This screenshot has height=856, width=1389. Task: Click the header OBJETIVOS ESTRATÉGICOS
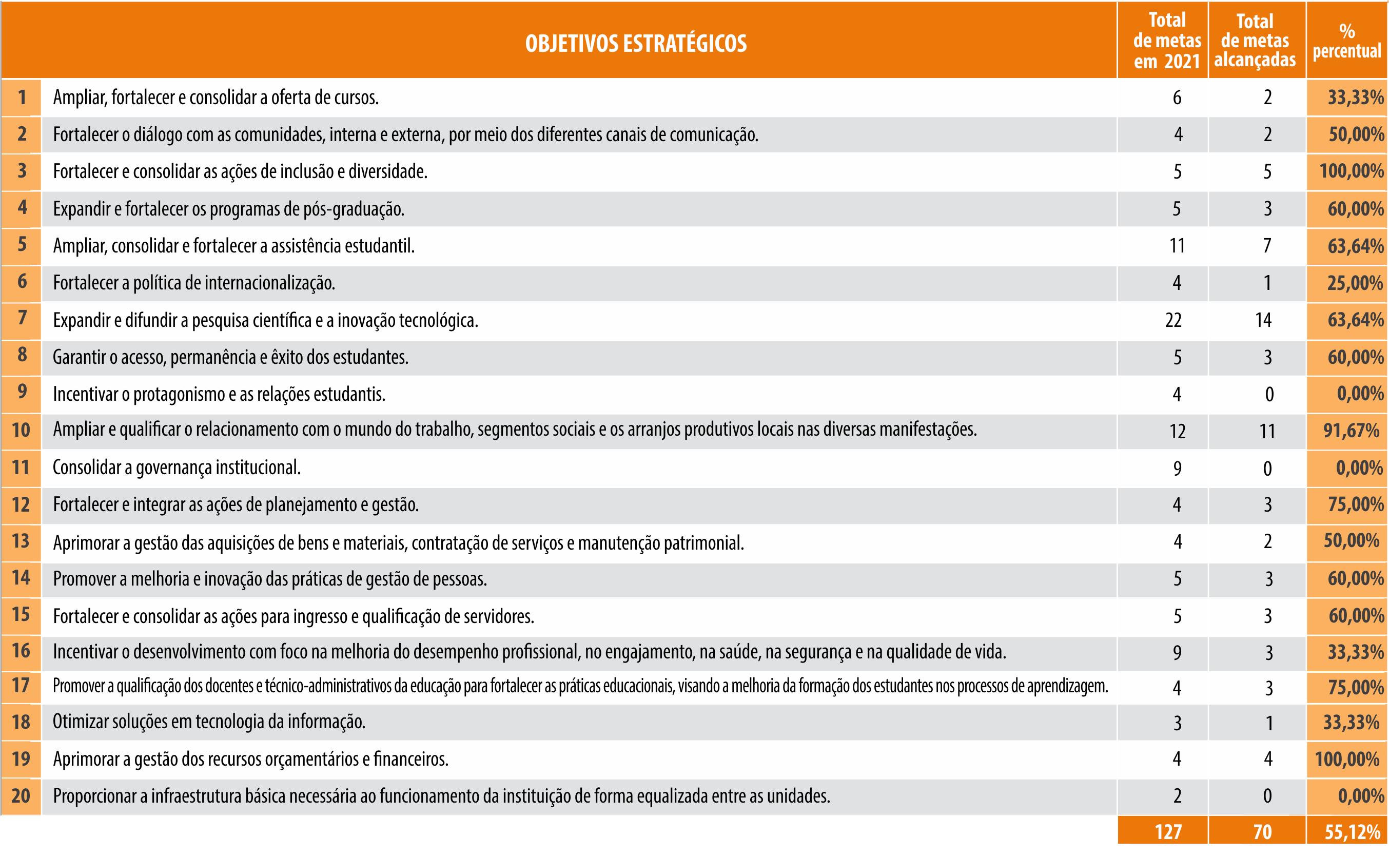click(x=636, y=44)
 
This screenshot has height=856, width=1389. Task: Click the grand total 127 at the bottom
click(x=1168, y=832)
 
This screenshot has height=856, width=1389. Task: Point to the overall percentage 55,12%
click(x=1352, y=832)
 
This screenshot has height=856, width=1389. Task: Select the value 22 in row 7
click(x=1173, y=320)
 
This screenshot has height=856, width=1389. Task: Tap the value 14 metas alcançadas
click(x=1263, y=320)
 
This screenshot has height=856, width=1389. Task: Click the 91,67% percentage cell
click(x=1351, y=431)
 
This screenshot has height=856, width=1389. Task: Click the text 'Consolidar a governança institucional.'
click(x=177, y=468)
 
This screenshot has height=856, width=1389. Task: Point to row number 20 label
click(x=21, y=796)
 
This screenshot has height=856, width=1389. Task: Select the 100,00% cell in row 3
click(x=1351, y=171)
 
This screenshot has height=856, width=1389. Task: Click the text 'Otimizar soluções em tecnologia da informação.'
click(x=209, y=722)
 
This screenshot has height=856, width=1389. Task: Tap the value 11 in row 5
click(x=1177, y=246)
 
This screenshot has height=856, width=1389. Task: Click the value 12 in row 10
click(x=1177, y=432)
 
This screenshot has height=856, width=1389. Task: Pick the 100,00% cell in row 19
click(x=1346, y=759)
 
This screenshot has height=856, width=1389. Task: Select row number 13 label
click(x=21, y=541)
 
